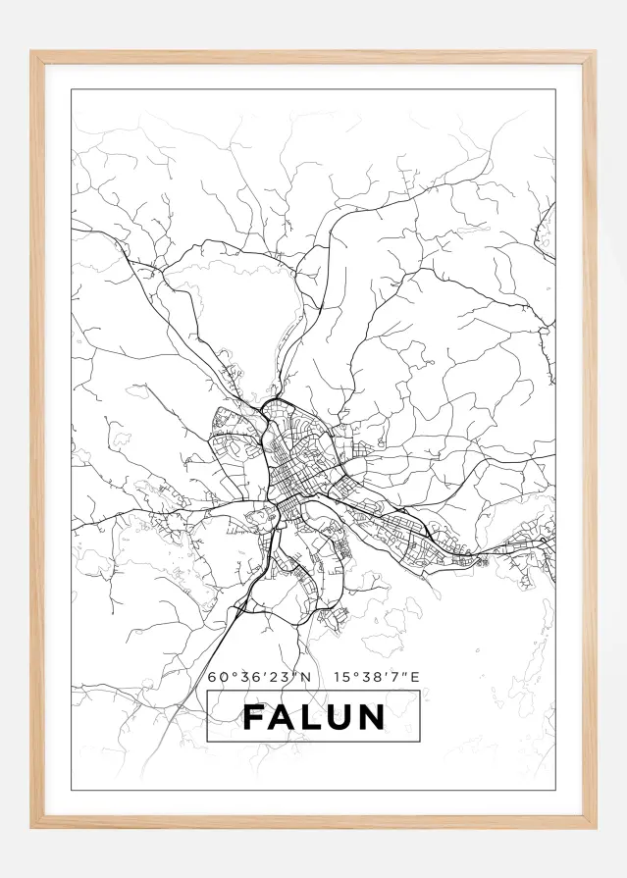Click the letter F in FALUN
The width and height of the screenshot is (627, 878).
tap(253, 717)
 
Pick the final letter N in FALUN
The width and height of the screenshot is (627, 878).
tap(370, 717)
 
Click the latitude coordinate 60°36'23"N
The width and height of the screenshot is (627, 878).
tap(259, 676)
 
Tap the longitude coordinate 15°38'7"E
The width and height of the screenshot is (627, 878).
tap(376, 676)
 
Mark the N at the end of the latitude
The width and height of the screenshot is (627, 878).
tap(305, 676)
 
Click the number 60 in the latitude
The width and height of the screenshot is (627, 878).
tap(216, 676)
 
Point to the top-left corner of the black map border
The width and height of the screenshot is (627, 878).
tap(72, 90)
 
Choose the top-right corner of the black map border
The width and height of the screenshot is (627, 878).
tap(555, 90)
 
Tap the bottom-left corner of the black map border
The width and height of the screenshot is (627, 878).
tap(72, 789)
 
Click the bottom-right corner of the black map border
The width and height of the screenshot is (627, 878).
tap(555, 789)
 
